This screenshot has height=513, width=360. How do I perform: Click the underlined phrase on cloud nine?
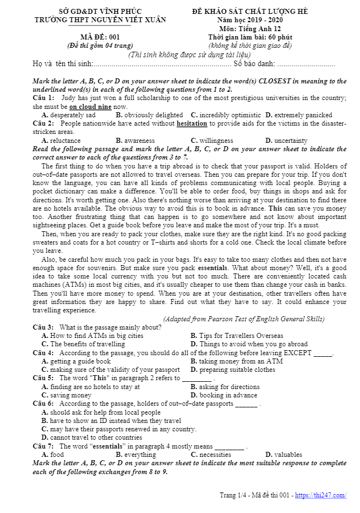click(x=91, y=107)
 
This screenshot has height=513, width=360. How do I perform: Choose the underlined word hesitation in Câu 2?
click(x=192, y=123)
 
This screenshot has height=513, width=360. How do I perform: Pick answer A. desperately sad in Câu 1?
click(x=68, y=115)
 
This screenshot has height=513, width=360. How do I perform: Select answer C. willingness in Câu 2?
click(x=212, y=141)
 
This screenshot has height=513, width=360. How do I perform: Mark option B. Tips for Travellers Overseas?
click(x=237, y=336)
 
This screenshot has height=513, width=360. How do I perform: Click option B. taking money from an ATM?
click(x=237, y=361)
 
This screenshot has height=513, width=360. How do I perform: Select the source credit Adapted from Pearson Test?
click(x=244, y=319)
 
